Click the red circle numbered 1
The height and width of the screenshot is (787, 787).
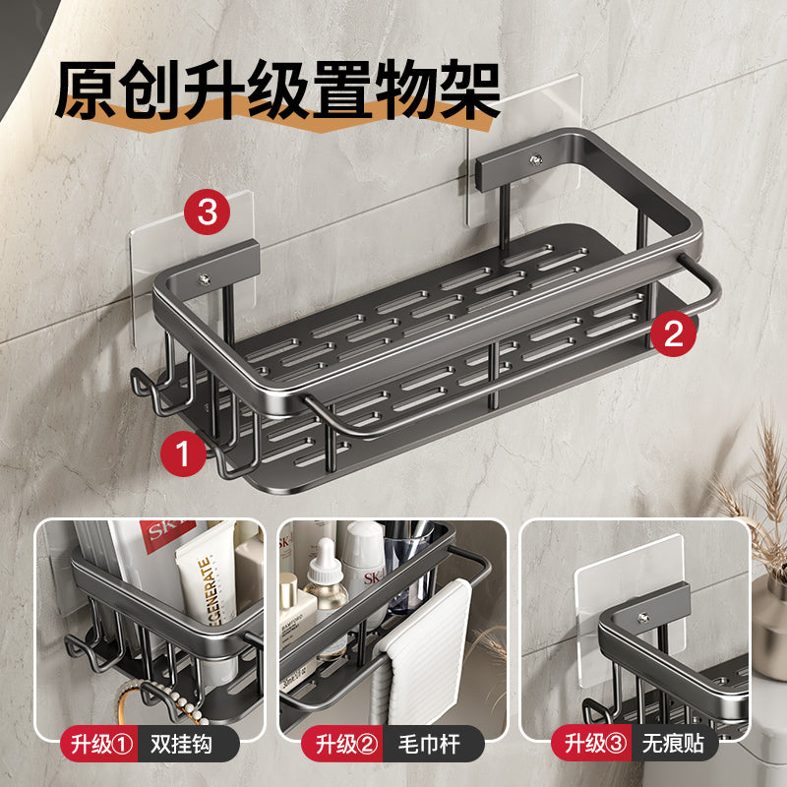tap(183, 454)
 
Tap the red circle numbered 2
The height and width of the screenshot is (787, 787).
tap(674, 333)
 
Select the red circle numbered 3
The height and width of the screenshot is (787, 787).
tap(208, 212)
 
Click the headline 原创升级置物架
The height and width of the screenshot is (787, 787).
tap(277, 91)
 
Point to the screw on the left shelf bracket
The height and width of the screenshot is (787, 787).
tap(205, 279)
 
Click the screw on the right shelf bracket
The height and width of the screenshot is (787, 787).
tap(535, 160)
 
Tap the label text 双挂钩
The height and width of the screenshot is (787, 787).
tap(181, 744)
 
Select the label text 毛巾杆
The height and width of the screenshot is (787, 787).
tap(429, 744)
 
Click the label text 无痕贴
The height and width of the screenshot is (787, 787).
tap(673, 744)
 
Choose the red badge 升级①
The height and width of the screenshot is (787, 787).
tap(100, 744)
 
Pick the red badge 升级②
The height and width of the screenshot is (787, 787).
tap(344, 744)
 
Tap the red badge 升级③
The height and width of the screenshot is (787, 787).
tap(592, 744)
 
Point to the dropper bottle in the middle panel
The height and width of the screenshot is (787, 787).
tap(327, 582)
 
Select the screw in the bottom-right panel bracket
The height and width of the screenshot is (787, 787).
tap(644, 618)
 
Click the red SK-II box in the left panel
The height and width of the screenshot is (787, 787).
tap(165, 535)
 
